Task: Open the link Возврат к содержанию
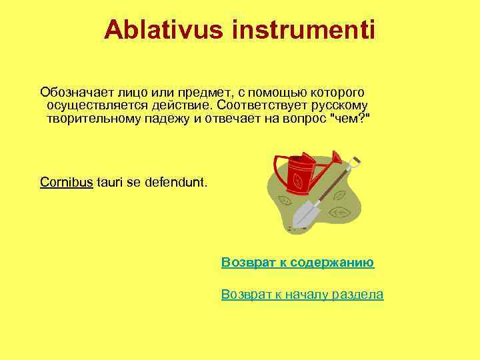pos(297,262)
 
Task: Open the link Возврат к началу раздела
pos(302,295)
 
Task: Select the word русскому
pos(338,105)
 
